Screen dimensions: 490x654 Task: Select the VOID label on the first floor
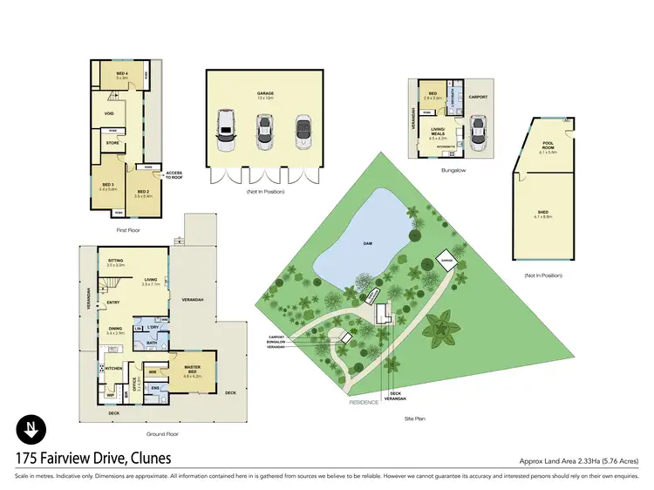coord(109,112)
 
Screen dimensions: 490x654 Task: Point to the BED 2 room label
coord(142,194)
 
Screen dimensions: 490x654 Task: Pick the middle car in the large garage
coord(264,130)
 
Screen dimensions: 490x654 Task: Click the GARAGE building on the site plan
coord(446,260)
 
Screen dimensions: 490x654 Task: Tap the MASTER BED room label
coord(192,371)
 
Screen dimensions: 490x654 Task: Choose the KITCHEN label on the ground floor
coord(114,368)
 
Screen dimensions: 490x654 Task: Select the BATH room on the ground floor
coord(151,343)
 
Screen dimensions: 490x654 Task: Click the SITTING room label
coord(115,261)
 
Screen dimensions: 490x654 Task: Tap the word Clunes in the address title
coord(145,457)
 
